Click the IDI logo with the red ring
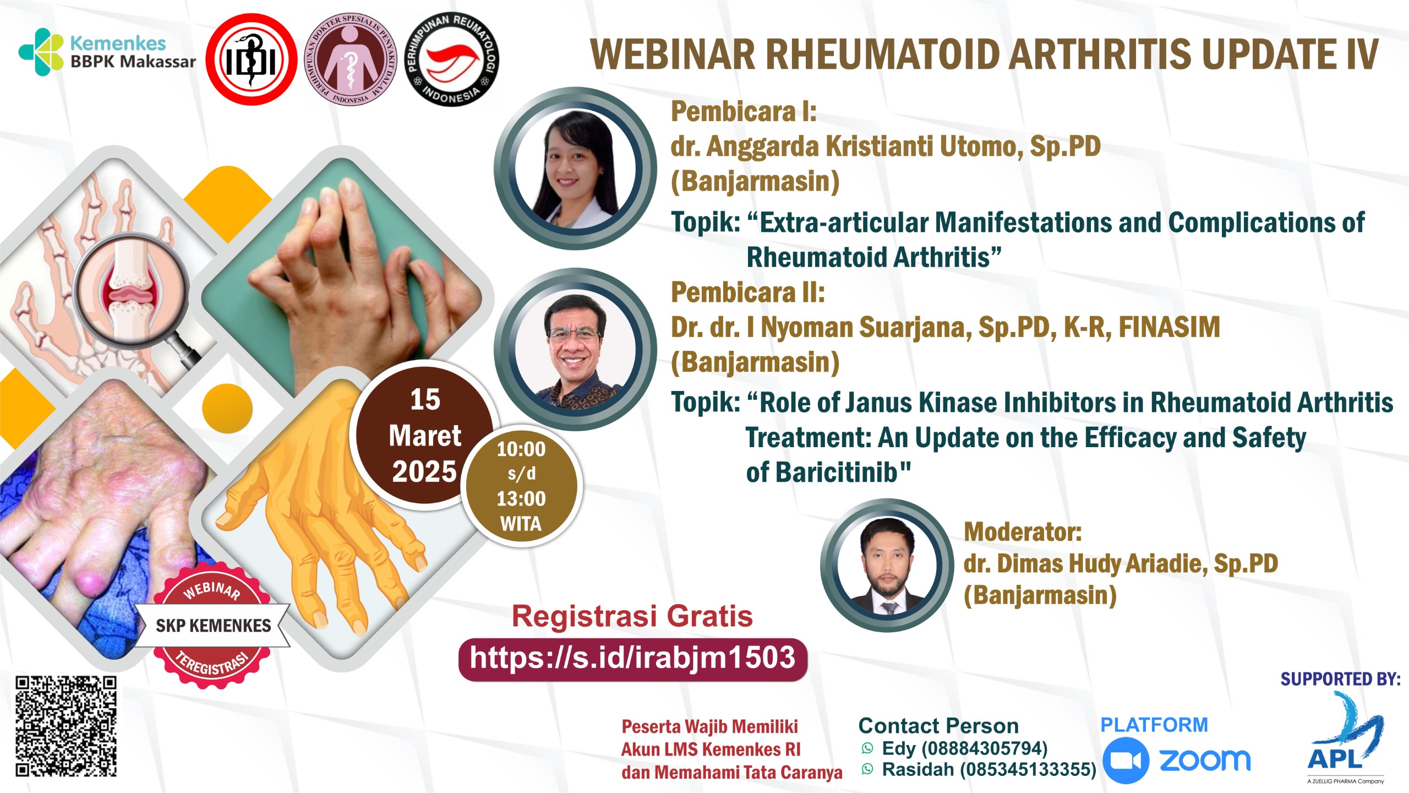pyautogui.click(x=252, y=59)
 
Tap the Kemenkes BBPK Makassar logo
pyautogui.click(x=107, y=52)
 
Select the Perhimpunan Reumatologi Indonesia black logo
pyautogui.click(x=451, y=59)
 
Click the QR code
pyautogui.click(x=66, y=726)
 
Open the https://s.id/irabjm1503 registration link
pyautogui.click(x=632, y=659)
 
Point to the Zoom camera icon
pyautogui.click(x=1126, y=761)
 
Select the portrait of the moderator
pyautogui.click(x=887, y=565)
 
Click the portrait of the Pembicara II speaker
pyautogui.click(x=575, y=349)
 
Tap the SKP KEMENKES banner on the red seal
pyautogui.click(x=213, y=626)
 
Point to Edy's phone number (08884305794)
pyautogui.click(x=984, y=748)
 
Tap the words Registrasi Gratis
pyautogui.click(x=632, y=616)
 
